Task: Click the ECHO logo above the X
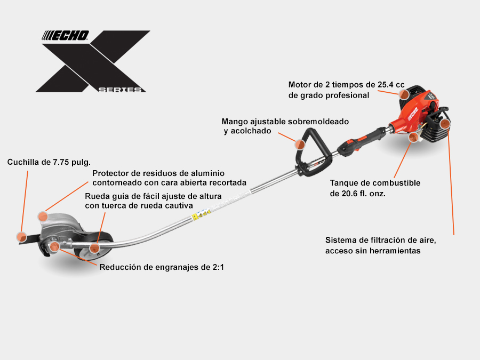click(x=65, y=36)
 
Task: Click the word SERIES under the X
click(x=120, y=90)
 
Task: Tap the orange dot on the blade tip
click(x=21, y=237)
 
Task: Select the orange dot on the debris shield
click(x=43, y=217)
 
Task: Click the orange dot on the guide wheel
click(x=94, y=248)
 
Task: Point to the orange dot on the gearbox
click(x=54, y=246)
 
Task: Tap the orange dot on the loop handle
click(x=300, y=145)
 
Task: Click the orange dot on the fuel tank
click(x=413, y=137)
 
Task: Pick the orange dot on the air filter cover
click(x=445, y=124)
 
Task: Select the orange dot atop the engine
click(x=404, y=94)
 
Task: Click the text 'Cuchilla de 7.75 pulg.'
click(x=49, y=162)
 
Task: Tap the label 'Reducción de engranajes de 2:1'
click(x=162, y=267)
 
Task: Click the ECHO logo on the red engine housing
click(x=413, y=114)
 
